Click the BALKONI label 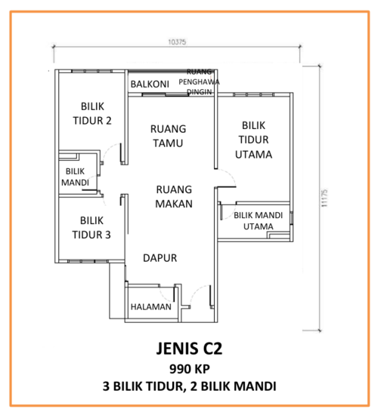pyautogui.click(x=150, y=85)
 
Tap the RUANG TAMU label pyautogui.click(x=168, y=136)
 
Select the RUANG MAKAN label pyautogui.click(x=174, y=197)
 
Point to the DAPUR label pyautogui.click(x=160, y=258)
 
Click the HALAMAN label pyautogui.click(x=151, y=307)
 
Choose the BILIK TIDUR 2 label pyautogui.click(x=92, y=113)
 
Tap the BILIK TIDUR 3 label pyautogui.click(x=91, y=228)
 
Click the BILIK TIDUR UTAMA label pyautogui.click(x=254, y=140)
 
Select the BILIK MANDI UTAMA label pyautogui.click(x=259, y=221)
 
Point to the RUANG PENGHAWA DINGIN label pyautogui.click(x=199, y=81)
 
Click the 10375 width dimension pyautogui.click(x=177, y=41)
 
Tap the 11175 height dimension pyautogui.click(x=324, y=198)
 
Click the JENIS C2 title pyautogui.click(x=189, y=349)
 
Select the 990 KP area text pyautogui.click(x=190, y=369)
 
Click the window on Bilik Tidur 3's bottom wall pyautogui.click(x=88, y=261)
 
